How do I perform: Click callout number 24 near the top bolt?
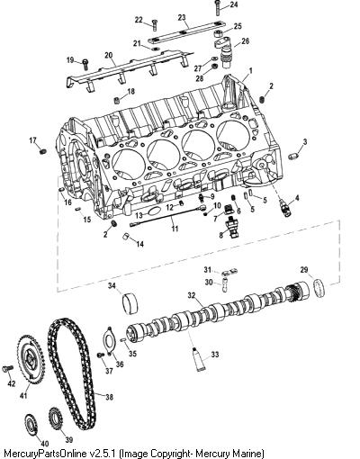233,4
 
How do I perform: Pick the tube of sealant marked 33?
198,359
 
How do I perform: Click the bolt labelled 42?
7,368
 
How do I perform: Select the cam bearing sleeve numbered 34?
130,302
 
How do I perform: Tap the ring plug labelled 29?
319,288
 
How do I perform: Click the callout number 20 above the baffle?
109,55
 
